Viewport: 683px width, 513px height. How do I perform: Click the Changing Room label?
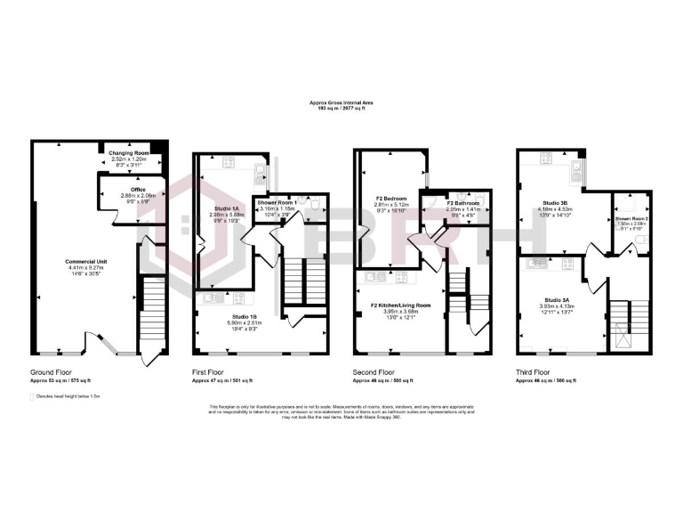click(x=128, y=153)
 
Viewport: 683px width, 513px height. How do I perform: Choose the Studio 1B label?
click(x=245, y=316)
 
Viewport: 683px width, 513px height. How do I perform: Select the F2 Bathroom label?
click(x=462, y=202)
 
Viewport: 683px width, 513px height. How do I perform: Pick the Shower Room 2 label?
click(x=630, y=218)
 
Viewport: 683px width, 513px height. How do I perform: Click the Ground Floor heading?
click(x=51, y=371)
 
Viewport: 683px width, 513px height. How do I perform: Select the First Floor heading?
click(x=211, y=371)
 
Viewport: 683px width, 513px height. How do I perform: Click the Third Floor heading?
click(x=533, y=371)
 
